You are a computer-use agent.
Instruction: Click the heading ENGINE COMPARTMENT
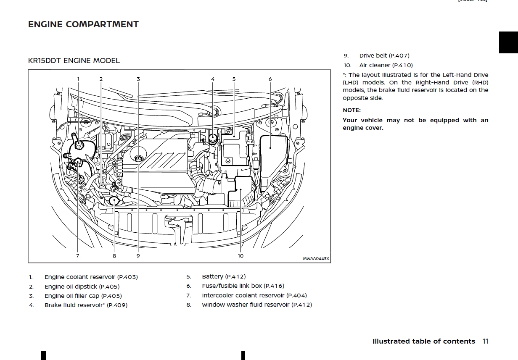(83, 24)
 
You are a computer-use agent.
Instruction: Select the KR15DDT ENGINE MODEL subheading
(74, 60)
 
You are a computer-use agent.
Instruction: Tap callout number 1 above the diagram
(78, 79)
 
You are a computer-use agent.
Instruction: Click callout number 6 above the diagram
(270, 79)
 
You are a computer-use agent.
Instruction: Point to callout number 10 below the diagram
(240, 255)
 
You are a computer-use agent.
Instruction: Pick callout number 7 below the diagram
(77, 255)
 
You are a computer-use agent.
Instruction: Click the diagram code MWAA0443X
(316, 259)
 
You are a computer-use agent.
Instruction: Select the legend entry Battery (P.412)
(224, 276)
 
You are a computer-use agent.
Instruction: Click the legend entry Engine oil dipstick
(82, 286)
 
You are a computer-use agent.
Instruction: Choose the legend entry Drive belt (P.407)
(384, 55)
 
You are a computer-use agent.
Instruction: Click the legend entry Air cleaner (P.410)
(386, 65)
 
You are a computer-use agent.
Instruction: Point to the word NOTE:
(351, 110)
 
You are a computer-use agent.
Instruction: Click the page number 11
(485, 341)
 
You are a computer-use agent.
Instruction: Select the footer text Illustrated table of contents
(423, 341)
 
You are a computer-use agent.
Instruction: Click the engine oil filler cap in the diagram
(138, 158)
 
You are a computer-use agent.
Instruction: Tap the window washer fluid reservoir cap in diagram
(114, 201)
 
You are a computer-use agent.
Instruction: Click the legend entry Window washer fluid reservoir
(256, 305)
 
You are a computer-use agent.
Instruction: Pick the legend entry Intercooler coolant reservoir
(254, 296)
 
